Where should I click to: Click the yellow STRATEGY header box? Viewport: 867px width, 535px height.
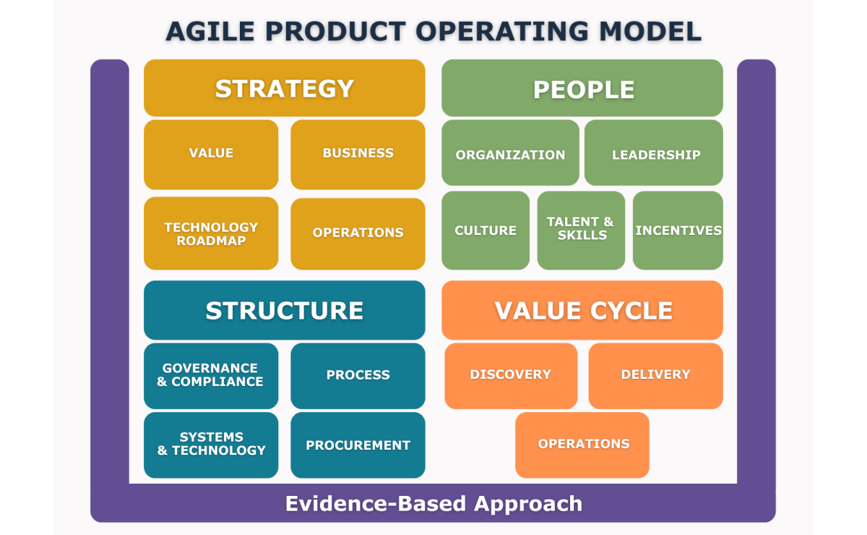[284, 88]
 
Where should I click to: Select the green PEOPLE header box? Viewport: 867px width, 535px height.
[582, 88]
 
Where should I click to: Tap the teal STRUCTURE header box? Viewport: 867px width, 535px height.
[284, 310]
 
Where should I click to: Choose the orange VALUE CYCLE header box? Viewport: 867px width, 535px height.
[582, 310]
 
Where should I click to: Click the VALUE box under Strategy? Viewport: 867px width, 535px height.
[211, 154]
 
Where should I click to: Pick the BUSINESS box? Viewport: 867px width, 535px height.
[358, 154]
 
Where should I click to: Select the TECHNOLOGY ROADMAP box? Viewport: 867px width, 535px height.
[211, 234]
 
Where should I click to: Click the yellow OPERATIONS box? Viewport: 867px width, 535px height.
[358, 234]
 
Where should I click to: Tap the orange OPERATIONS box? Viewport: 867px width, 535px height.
[582, 445]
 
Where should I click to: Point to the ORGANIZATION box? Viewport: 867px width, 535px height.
[510, 153]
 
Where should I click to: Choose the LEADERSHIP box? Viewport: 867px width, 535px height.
[654, 153]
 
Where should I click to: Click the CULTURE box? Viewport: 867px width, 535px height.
[486, 231]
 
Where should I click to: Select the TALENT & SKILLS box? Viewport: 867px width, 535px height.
[581, 229]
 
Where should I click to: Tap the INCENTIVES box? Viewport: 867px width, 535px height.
[678, 231]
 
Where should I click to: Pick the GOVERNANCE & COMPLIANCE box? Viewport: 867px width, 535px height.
[211, 375]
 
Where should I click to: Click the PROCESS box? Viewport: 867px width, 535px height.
[358, 375]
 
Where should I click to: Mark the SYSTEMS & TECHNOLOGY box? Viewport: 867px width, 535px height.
[211, 445]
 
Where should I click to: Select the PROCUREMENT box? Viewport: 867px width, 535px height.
[358, 445]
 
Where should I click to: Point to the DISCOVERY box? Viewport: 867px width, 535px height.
[511, 375]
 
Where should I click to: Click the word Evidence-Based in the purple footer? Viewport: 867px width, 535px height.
[376, 503]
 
